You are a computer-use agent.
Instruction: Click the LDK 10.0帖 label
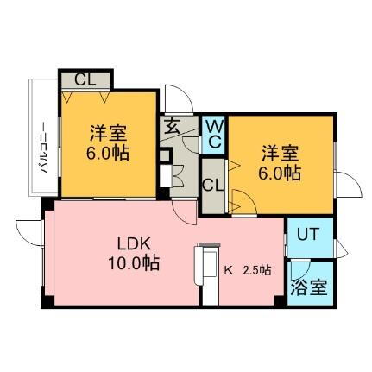(134, 254)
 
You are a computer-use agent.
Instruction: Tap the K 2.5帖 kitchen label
(248, 270)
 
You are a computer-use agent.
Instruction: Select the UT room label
(308, 234)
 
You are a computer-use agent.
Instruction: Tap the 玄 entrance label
(172, 127)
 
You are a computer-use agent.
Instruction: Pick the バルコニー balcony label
(43, 148)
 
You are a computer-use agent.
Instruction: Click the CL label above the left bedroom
(85, 79)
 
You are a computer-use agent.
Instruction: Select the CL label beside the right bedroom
(212, 186)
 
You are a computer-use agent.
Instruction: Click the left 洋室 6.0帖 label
(108, 143)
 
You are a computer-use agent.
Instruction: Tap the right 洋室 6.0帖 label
(280, 163)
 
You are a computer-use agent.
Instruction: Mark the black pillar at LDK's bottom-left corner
(47, 301)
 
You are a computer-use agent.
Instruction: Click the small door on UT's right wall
(342, 249)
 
